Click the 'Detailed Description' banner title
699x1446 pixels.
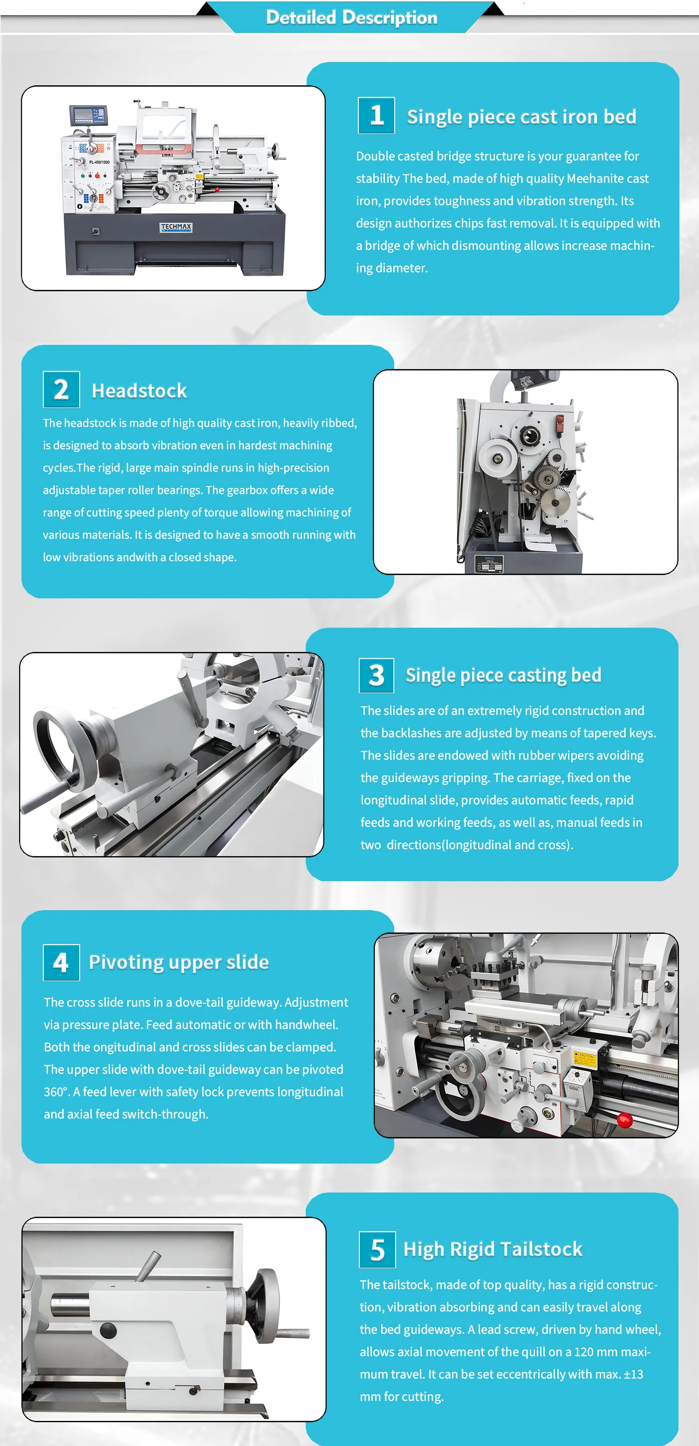(x=351, y=17)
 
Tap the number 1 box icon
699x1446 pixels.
(x=376, y=116)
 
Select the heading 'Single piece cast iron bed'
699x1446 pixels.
(x=521, y=117)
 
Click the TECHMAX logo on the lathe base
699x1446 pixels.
(x=176, y=227)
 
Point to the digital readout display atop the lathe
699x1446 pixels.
(x=88, y=115)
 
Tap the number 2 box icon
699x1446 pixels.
(x=61, y=390)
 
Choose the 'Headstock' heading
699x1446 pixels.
(x=139, y=391)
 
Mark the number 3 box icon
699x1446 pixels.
(x=376, y=675)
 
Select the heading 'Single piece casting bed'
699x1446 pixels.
(x=503, y=675)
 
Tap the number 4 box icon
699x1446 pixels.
(x=61, y=963)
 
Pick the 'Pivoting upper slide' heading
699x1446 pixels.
(x=178, y=962)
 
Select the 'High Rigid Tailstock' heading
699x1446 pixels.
(x=493, y=1249)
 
